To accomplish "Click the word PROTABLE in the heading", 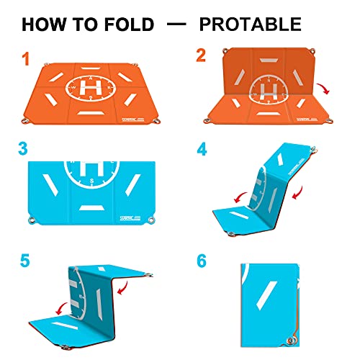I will (x=250, y=24).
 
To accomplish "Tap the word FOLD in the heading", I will (x=130, y=24).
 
